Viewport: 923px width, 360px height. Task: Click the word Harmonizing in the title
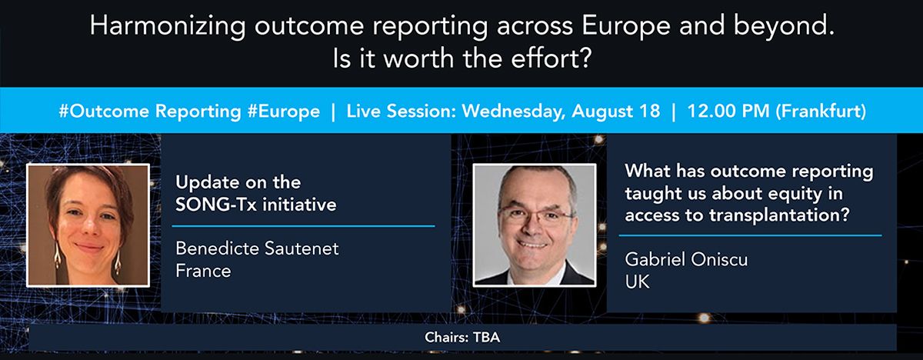168,26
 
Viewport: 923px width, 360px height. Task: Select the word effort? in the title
551,58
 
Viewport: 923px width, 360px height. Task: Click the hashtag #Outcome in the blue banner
104,112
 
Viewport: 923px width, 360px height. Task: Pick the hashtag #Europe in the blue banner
284,112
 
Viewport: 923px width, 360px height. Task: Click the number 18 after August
650,112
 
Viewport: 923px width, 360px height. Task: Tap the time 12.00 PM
728,112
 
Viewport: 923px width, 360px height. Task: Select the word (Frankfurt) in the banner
821,112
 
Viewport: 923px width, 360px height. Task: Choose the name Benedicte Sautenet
257,248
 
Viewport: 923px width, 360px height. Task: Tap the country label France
203,271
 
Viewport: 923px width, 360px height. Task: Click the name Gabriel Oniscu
686,259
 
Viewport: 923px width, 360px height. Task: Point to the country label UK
638,282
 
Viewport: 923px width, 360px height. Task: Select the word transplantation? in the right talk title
779,215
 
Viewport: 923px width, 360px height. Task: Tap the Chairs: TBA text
462,338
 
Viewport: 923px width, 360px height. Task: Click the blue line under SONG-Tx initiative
303,225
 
